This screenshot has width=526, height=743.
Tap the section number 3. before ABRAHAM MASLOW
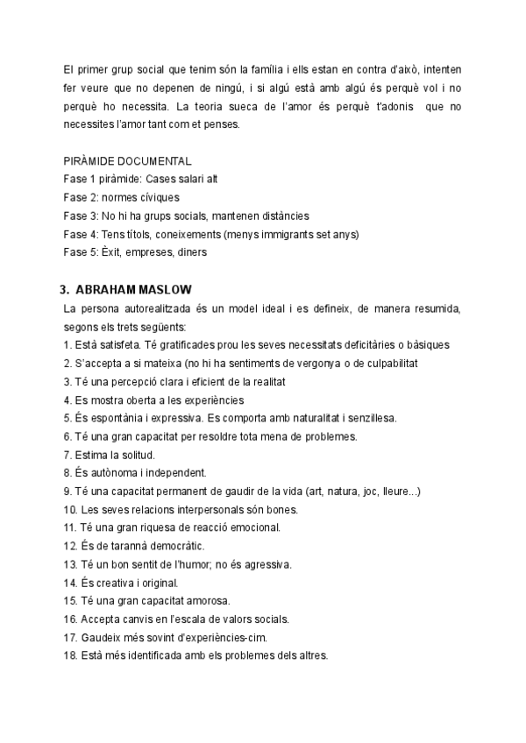(x=64, y=289)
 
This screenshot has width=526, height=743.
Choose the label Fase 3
(x=80, y=216)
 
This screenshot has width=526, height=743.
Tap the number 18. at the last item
(x=70, y=656)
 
